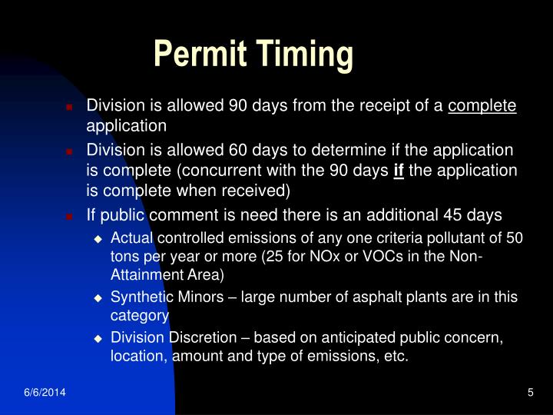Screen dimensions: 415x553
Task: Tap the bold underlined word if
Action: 399,168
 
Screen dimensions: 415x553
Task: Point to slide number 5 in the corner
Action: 530,393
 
